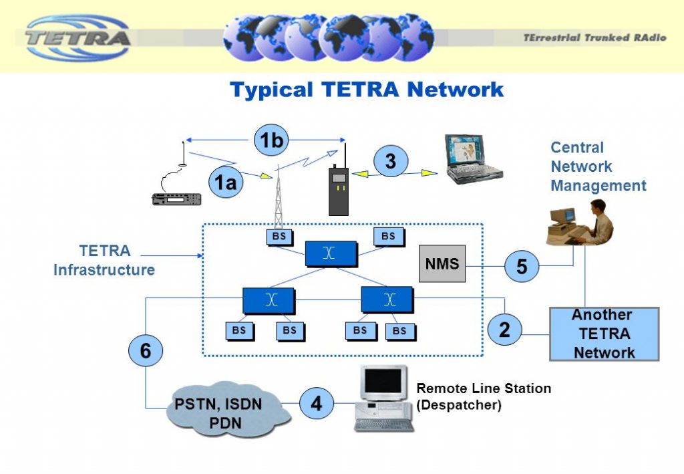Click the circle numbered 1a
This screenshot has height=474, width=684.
(x=226, y=183)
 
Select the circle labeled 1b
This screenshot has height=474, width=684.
(x=272, y=141)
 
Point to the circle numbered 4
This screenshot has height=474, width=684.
(x=316, y=404)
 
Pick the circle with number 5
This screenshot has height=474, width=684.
(x=522, y=266)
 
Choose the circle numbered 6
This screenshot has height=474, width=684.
(x=146, y=350)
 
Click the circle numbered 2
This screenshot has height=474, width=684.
(x=504, y=328)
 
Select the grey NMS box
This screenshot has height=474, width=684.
(x=442, y=263)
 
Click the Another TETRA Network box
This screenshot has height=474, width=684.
(x=604, y=334)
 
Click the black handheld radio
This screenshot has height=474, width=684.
(x=339, y=190)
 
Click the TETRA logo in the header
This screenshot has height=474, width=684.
(x=79, y=36)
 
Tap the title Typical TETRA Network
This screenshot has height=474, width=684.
(x=367, y=90)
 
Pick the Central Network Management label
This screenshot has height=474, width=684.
(x=598, y=166)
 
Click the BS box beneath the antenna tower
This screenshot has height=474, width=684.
(x=279, y=236)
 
